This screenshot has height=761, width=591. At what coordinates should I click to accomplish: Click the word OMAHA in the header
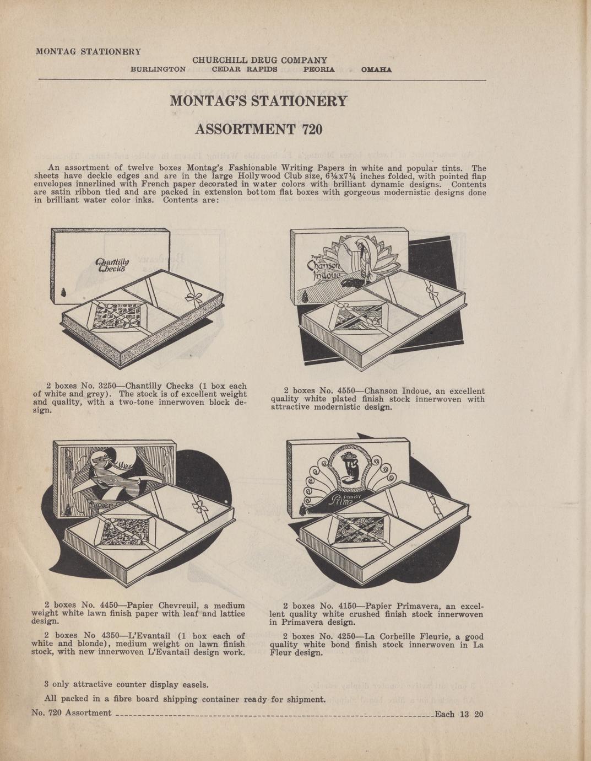[x=376, y=69]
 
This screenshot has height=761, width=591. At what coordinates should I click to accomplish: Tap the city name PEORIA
[x=318, y=69]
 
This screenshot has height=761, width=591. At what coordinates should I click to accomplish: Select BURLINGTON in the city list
[x=158, y=69]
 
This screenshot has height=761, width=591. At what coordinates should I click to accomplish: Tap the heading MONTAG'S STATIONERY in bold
[x=258, y=101]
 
